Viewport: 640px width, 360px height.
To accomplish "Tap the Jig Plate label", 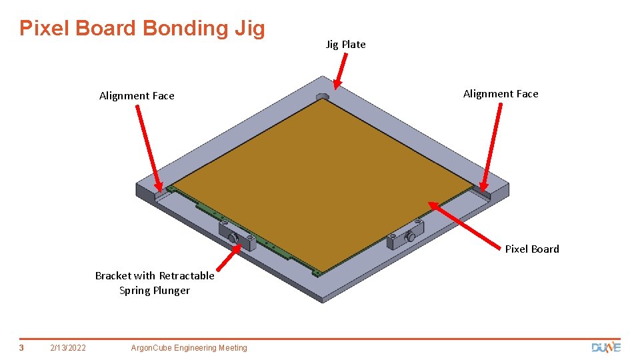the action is point(346,45).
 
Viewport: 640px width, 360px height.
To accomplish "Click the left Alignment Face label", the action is point(137,96).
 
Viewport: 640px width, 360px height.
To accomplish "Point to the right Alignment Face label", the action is point(501,94).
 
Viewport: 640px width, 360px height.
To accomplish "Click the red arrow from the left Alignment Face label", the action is point(149,148).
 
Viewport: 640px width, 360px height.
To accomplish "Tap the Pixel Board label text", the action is point(532,249).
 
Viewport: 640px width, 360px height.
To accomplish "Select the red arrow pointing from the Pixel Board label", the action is point(464,225).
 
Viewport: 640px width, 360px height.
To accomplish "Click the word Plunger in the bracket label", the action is point(171,291).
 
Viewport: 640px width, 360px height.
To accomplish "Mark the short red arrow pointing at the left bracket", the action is point(229,257).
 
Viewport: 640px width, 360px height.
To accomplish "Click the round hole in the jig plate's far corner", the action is point(322,97).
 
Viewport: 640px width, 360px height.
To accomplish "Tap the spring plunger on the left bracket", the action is point(233,237).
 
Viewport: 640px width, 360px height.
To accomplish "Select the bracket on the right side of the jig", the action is point(405,235).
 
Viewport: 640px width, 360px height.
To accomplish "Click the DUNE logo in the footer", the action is point(606,347).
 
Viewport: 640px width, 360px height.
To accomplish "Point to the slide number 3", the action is point(21,348).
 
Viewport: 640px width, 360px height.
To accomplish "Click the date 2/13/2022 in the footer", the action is point(68,348).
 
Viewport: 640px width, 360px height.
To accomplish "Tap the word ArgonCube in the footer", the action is point(151,348).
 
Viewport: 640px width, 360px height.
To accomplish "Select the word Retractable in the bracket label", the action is point(187,276).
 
